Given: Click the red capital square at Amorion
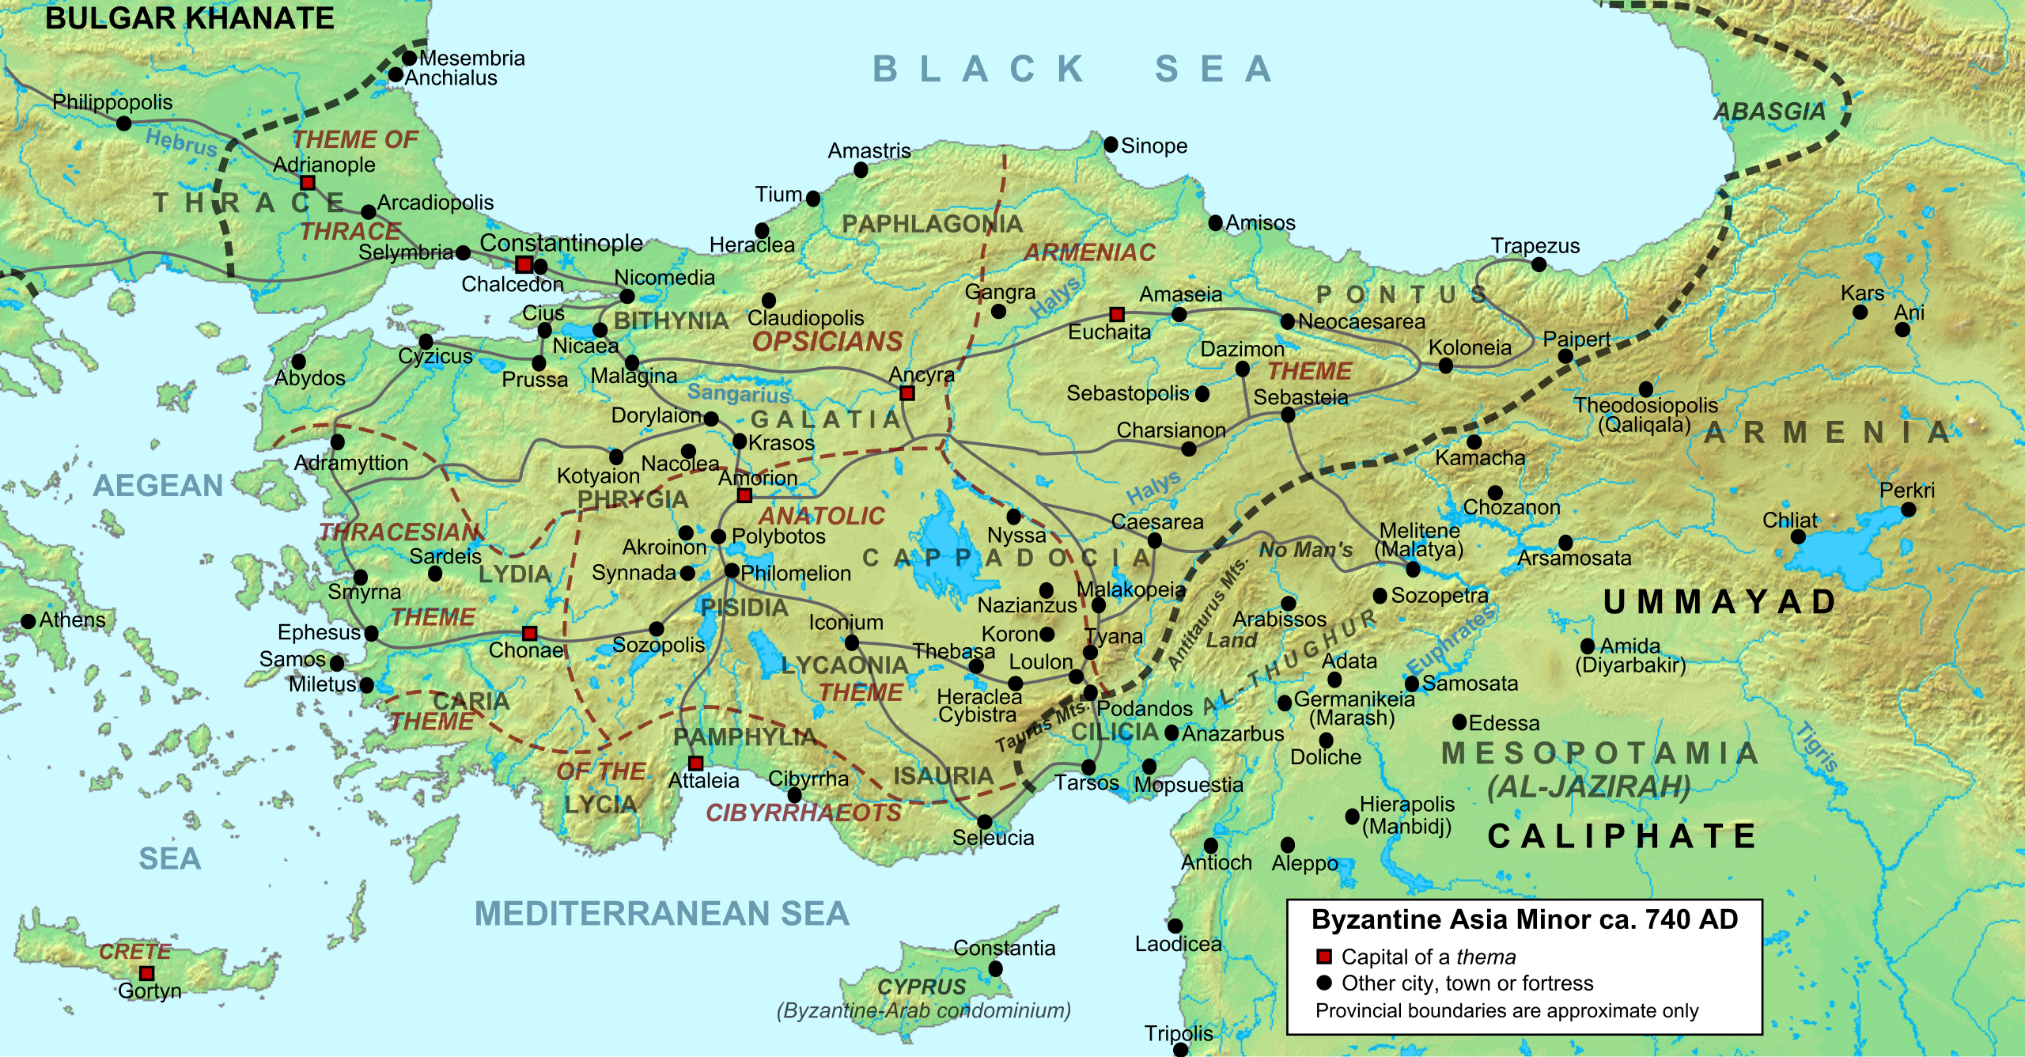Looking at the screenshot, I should point(744,495).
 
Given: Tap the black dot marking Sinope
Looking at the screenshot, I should point(1111,144).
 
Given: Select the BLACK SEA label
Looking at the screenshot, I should point(1073,70).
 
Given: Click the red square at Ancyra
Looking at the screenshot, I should point(907,393).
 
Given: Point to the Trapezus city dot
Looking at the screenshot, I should point(1539,264).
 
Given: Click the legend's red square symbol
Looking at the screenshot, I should point(1323,957).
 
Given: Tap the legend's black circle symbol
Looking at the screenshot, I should point(1323,983).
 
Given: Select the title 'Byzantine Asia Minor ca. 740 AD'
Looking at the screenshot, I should point(1524,919).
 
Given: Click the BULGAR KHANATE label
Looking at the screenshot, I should point(189,18).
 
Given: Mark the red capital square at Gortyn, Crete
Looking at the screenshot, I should point(146,973).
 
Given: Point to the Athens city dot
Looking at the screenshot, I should point(28,621).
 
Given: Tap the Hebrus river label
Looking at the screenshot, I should point(181,142).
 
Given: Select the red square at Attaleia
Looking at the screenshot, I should point(695,763).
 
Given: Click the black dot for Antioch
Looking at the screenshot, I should point(1210,846).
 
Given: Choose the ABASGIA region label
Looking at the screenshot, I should point(1770,112).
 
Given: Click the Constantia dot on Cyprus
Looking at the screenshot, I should point(995,968).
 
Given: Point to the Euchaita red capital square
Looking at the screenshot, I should point(1116,314).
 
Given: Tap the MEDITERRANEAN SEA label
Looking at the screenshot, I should point(661,914).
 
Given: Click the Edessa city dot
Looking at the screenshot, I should point(1460,722).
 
